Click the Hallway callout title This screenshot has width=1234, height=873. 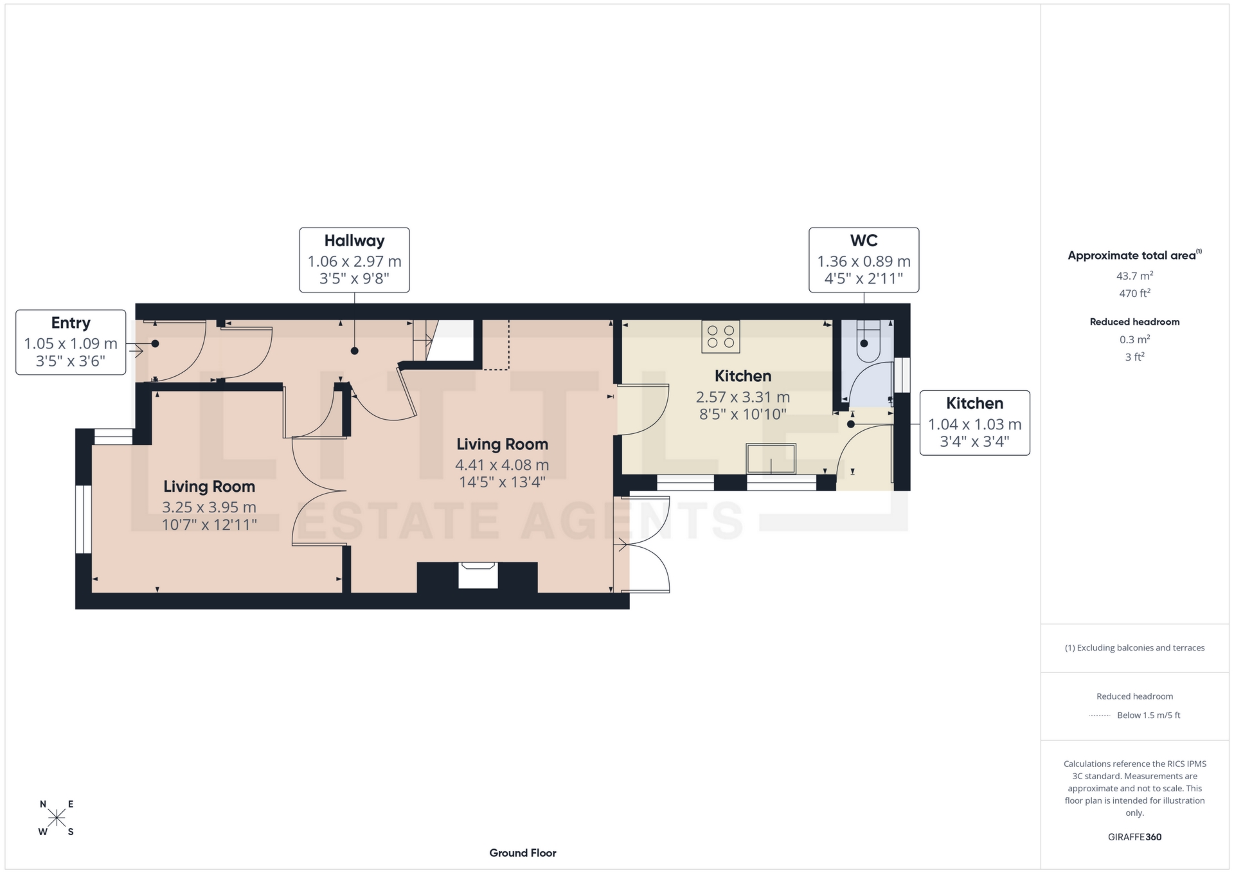click(x=354, y=241)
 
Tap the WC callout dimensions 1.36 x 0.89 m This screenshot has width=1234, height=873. click(x=863, y=262)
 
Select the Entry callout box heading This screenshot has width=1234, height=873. click(x=71, y=323)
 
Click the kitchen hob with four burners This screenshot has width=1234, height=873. click(x=720, y=336)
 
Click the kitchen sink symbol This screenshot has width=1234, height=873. click(x=771, y=459)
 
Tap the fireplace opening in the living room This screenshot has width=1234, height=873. click(x=478, y=575)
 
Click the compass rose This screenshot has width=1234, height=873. click(x=57, y=818)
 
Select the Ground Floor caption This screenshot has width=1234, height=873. click(x=523, y=853)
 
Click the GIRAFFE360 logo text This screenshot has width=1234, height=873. click(x=1134, y=837)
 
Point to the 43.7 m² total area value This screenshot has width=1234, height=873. click(x=1134, y=276)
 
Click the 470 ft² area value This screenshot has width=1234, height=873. click(x=1134, y=293)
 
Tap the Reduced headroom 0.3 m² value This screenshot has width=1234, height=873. click(x=1134, y=339)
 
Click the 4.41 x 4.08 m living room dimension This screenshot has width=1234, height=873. click(x=502, y=465)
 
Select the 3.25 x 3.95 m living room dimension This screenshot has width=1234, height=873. click(x=209, y=507)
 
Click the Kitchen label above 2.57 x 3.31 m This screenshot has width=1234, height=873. click(x=742, y=376)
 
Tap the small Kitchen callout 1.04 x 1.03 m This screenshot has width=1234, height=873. click(x=974, y=424)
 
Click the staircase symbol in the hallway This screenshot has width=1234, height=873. click(x=424, y=341)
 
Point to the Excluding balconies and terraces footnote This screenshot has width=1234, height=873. click(x=1134, y=648)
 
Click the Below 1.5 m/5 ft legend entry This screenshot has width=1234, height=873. click(x=1149, y=715)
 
